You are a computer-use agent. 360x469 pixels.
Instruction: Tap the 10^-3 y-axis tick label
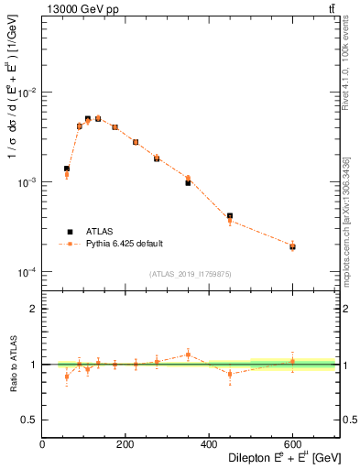[28, 183]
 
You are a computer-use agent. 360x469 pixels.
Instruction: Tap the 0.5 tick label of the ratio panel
[31, 420]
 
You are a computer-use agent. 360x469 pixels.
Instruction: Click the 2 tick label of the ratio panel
[35, 309]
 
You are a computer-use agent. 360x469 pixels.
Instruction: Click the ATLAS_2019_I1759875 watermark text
[190, 273]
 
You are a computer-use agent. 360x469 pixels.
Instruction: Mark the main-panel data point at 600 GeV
[292, 246]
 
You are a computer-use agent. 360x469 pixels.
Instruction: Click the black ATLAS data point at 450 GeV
[230, 216]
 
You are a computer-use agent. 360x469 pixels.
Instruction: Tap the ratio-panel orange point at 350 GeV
[188, 354]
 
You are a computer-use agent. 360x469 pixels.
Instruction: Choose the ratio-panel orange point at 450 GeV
[230, 374]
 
